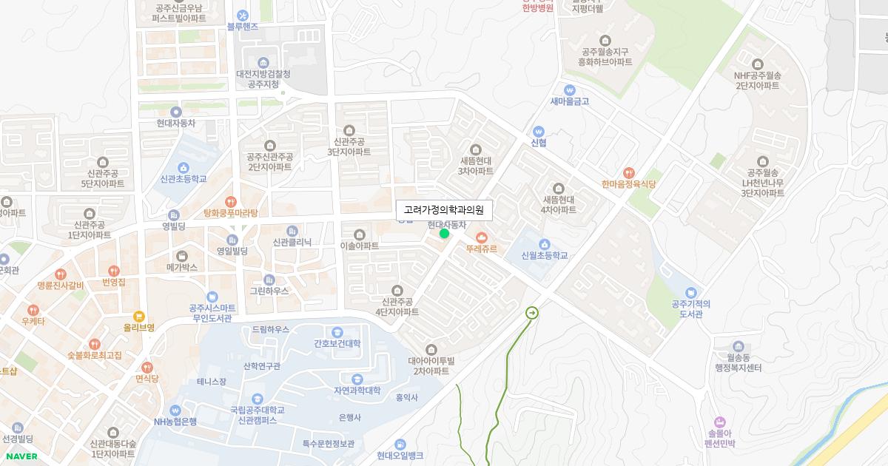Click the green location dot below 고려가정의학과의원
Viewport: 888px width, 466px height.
444,234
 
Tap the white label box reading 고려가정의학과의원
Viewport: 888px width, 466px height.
443,210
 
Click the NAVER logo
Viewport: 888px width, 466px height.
21,456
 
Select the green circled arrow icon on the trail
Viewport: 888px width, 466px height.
531,313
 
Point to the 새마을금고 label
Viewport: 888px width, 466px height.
570,101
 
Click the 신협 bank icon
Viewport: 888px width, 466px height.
539,131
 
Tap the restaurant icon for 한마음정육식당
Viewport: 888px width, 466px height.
629,172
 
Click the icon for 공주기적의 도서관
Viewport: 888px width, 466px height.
691,293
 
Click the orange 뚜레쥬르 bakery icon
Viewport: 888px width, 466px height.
482,237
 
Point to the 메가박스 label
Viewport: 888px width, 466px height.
182,267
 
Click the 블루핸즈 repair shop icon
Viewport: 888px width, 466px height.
243,16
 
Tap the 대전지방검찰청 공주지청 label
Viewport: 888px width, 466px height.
263,79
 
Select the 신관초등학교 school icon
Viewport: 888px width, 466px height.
184,167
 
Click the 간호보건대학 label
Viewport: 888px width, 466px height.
337,343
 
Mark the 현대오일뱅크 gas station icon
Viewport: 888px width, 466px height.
400,444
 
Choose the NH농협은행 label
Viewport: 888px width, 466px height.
175,422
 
